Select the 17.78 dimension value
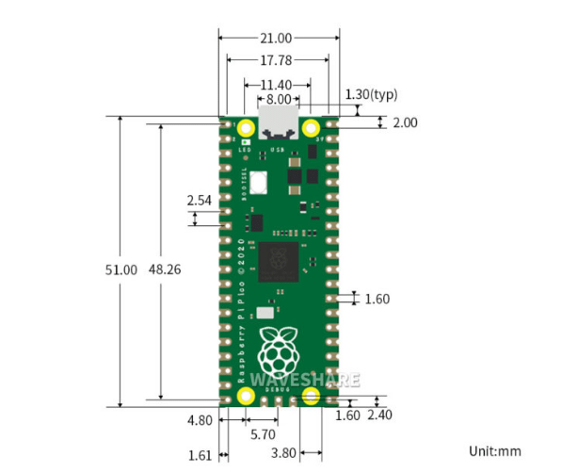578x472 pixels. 279,60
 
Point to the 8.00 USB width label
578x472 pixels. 279,99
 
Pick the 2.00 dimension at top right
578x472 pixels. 405,122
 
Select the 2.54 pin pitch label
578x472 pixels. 199,201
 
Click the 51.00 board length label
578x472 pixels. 120,269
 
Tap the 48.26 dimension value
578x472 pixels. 165,269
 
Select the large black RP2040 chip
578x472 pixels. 279,261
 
